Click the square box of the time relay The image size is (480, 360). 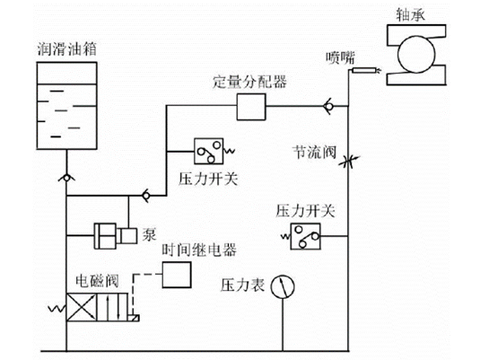178,277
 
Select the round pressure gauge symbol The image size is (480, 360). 285,288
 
